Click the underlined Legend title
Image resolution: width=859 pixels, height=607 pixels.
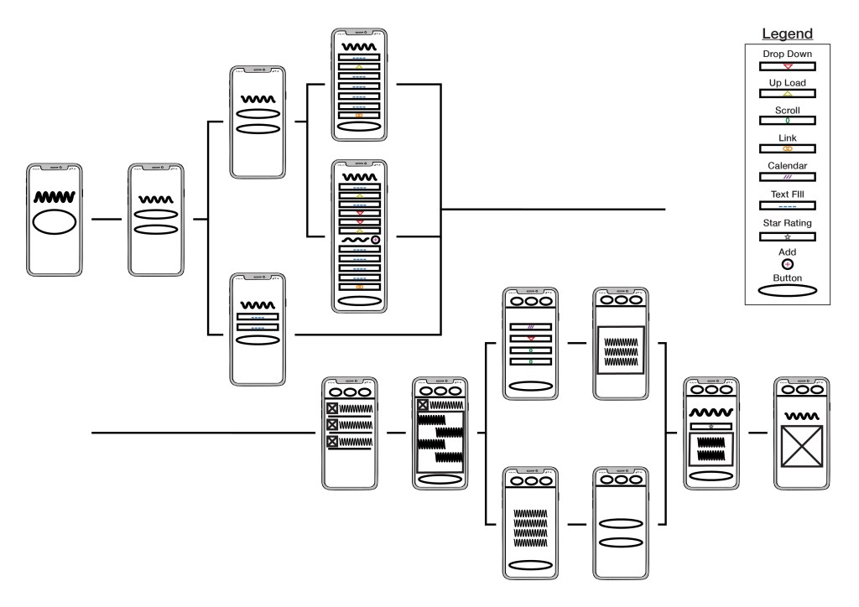787,34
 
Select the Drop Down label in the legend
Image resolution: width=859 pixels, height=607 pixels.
787,54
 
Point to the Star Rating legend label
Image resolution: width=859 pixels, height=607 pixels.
787,223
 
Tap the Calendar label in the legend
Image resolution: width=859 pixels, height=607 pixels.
787,166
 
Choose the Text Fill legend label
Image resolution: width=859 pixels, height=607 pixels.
787,195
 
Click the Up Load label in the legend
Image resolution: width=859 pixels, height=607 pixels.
787,83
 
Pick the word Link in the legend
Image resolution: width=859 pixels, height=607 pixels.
787,137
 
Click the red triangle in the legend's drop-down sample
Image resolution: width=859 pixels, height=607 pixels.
787,65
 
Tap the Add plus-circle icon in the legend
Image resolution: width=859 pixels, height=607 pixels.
787,263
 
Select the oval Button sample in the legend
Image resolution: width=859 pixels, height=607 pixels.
787,291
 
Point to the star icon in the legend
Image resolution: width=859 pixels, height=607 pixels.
787,237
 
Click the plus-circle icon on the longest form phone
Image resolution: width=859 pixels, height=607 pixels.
375,240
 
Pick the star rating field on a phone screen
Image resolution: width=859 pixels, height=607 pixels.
711,427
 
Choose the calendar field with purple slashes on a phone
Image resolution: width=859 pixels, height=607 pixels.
529,326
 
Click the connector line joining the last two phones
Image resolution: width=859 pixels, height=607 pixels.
757,433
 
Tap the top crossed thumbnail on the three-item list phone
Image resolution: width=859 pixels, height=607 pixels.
332,408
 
